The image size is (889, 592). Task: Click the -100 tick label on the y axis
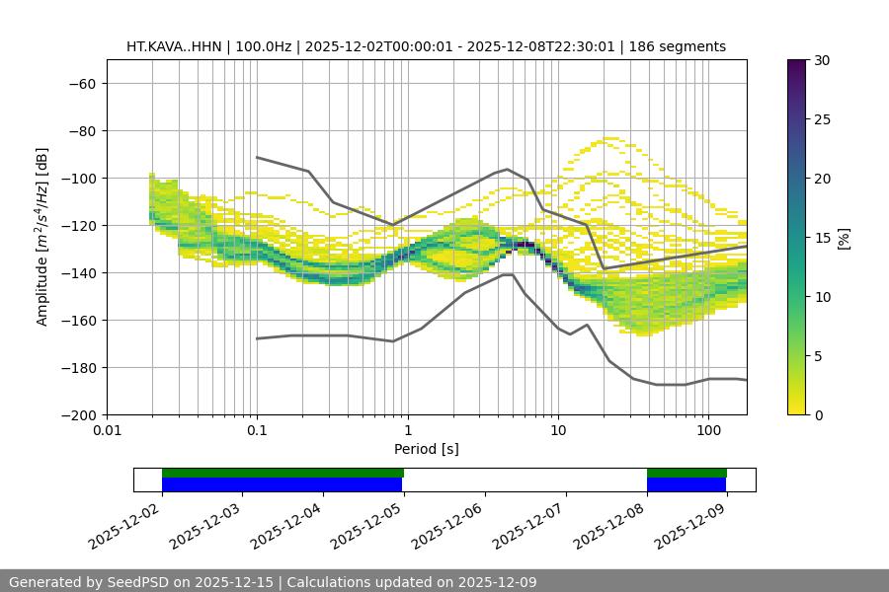point(81,179)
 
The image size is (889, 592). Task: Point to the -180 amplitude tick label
point(81,368)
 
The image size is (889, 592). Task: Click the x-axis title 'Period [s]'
point(427,449)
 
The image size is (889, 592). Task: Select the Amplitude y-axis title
point(41,237)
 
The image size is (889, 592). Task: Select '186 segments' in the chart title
point(681,46)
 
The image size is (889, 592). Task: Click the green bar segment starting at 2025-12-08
point(687,473)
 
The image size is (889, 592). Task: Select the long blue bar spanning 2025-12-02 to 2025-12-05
point(283,484)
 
